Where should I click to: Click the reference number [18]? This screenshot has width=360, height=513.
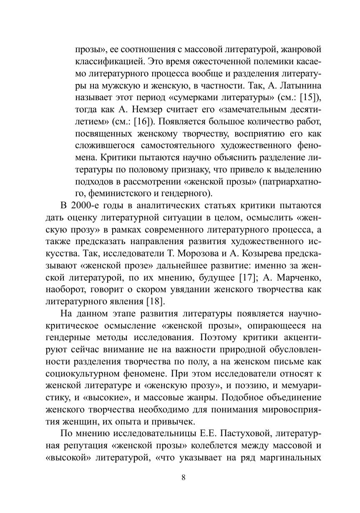pos(155,301)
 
